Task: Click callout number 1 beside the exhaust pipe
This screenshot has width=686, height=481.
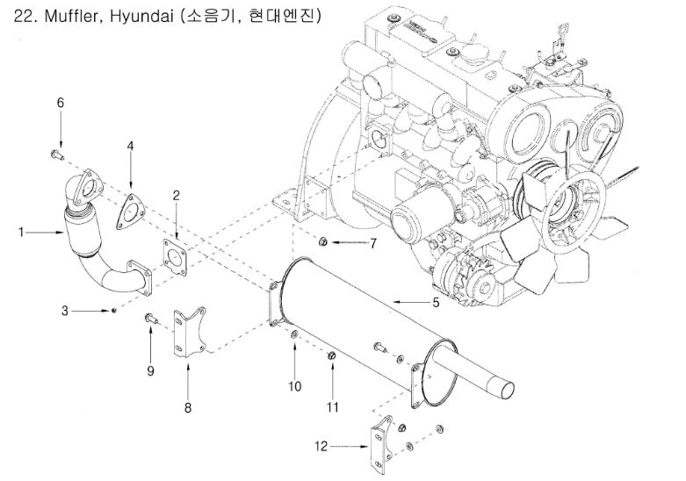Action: point(20,233)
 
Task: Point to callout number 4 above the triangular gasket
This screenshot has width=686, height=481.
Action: point(130,145)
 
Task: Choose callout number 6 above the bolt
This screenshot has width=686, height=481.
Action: point(61,103)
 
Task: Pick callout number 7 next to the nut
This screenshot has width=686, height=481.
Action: point(372,243)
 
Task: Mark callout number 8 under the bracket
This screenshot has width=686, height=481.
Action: point(187,406)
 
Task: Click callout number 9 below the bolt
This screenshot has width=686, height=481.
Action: point(150,370)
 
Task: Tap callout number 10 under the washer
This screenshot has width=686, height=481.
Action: point(295,386)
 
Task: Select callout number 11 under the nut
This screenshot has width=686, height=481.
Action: point(333,406)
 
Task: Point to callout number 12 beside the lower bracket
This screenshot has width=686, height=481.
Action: point(321,446)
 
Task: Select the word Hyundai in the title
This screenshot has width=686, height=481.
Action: point(141,17)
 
